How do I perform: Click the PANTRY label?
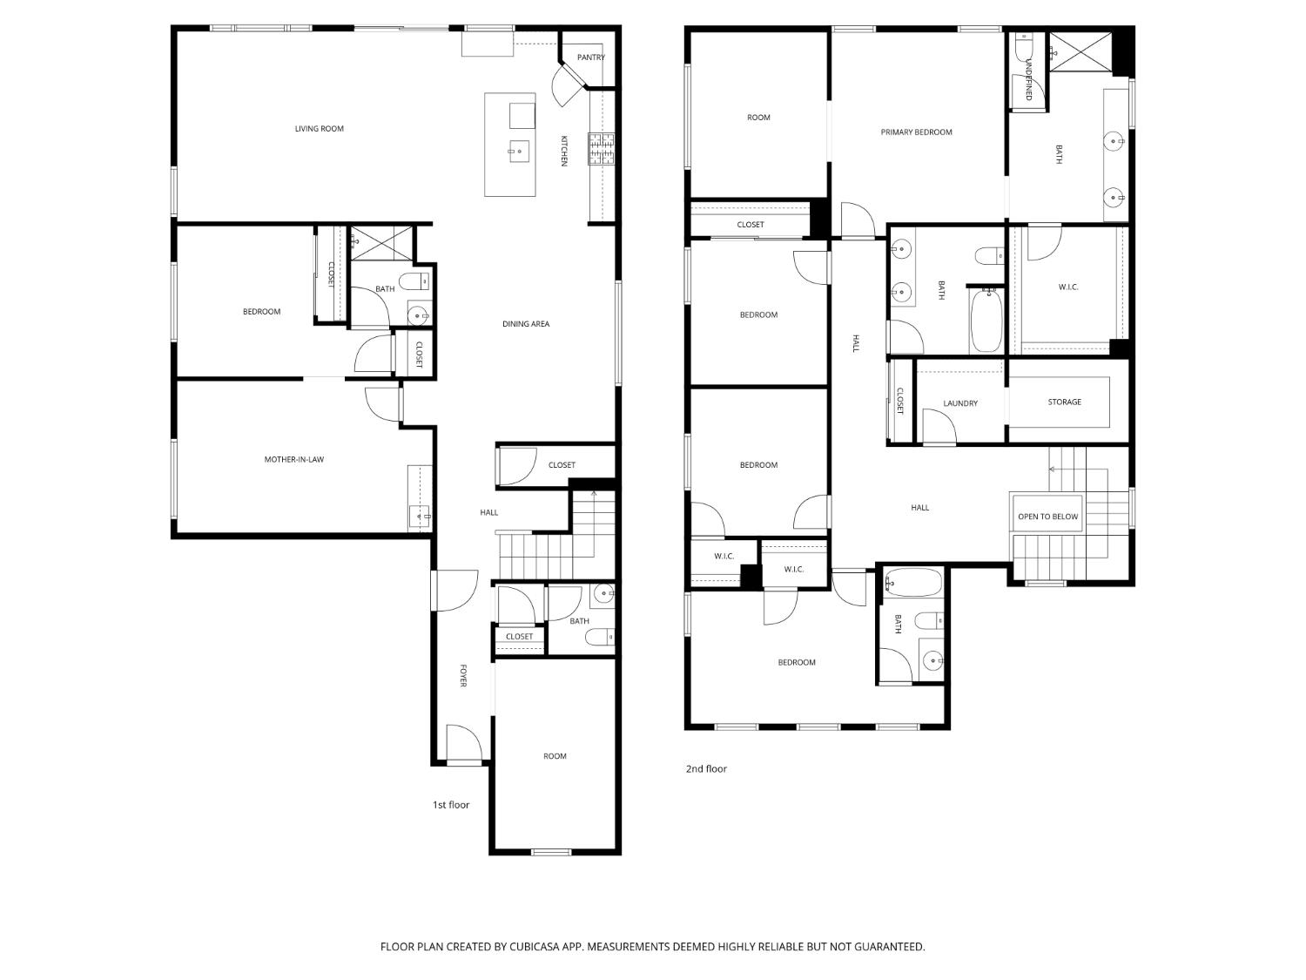point(590,57)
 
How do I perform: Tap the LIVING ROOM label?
point(319,129)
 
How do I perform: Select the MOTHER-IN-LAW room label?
point(294,459)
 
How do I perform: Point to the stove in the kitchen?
point(602,148)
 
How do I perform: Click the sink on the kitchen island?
point(519,151)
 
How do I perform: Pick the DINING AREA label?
point(525,324)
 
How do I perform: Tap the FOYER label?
point(463,675)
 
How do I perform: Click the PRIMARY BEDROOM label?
point(916,132)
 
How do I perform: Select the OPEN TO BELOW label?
point(1047,517)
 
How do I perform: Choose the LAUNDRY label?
point(960,403)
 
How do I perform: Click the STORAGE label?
point(1065,402)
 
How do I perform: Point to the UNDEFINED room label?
point(1029,79)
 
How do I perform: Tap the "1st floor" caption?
point(450,804)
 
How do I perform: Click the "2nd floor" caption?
point(706,769)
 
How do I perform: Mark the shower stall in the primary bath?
point(1080,51)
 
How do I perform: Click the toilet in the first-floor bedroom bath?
point(414,281)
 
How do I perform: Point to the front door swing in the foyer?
point(463,742)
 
